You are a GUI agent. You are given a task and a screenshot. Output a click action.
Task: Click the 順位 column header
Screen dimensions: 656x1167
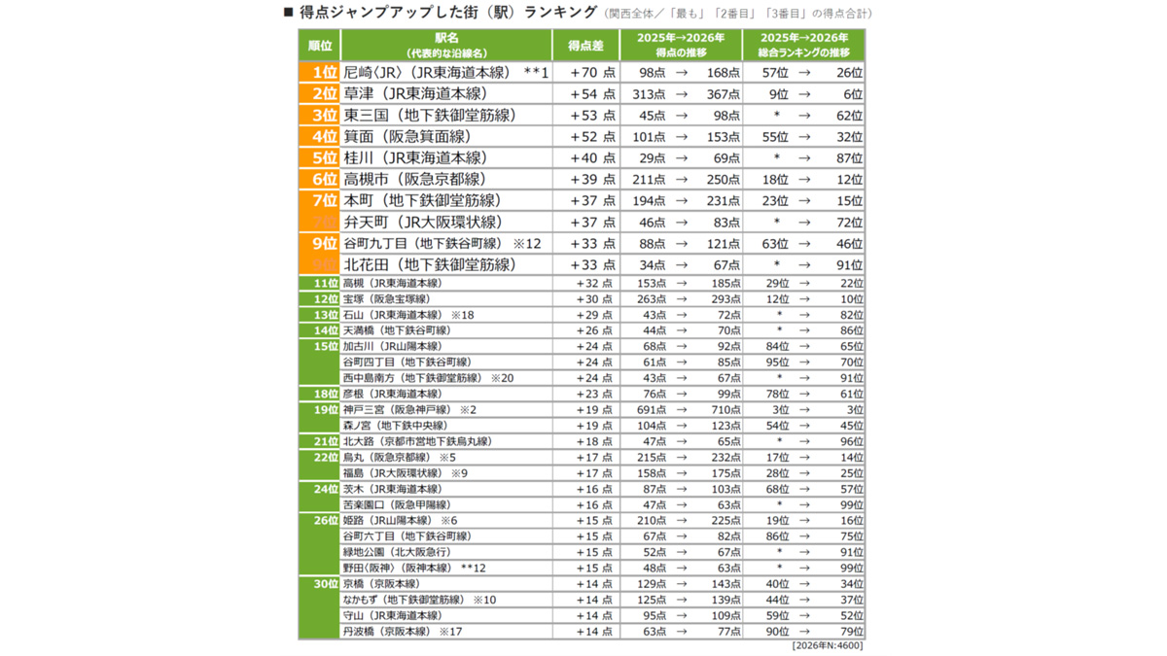[319, 46]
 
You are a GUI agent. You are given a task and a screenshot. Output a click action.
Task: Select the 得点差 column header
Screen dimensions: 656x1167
[585, 46]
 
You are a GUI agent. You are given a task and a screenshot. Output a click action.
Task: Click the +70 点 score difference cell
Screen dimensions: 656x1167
[592, 73]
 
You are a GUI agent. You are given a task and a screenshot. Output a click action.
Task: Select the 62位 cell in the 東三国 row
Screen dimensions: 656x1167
[849, 116]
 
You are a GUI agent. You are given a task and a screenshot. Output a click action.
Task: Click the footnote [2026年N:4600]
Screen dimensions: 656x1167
[827, 645]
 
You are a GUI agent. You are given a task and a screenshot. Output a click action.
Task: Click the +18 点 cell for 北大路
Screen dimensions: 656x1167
[594, 441]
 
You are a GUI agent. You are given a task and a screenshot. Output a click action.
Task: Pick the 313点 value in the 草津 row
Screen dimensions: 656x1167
[649, 94]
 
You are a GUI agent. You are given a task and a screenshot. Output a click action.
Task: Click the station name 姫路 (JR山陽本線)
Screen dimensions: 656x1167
[388, 521]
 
